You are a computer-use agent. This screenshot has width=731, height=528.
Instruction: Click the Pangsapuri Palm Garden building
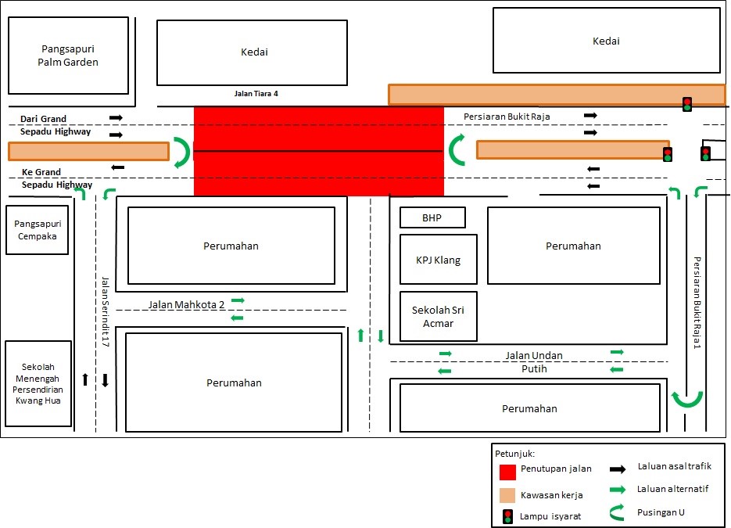[68, 56]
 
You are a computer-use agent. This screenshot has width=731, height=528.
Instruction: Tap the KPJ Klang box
[438, 260]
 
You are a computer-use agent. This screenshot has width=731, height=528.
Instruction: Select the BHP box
[432, 217]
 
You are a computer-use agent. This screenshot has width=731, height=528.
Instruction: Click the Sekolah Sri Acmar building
[438, 316]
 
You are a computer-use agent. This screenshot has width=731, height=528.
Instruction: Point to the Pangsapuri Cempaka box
[36, 230]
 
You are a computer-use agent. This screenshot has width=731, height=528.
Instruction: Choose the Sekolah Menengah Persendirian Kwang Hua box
[38, 383]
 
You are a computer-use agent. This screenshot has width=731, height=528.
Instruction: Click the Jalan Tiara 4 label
[256, 94]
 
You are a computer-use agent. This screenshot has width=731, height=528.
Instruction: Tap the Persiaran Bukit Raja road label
[507, 117]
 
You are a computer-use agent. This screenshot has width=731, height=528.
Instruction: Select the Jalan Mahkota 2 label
[185, 304]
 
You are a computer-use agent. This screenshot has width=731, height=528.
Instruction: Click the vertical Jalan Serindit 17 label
[105, 311]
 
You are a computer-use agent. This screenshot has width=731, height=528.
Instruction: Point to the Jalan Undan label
[533, 356]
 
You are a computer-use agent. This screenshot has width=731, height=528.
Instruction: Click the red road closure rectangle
[318, 151]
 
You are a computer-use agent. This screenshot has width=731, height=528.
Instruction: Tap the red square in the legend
[507, 472]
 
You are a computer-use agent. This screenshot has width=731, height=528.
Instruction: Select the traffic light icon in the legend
[507, 515]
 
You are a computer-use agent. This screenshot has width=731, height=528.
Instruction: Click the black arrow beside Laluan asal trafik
[618, 469]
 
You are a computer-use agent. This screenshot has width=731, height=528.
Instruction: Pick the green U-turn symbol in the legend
[617, 514]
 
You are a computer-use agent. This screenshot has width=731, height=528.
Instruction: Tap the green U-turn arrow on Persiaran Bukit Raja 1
[687, 400]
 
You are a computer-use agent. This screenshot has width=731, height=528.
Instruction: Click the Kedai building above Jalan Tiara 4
[252, 52]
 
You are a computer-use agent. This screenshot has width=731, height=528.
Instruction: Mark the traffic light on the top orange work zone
[687, 104]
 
